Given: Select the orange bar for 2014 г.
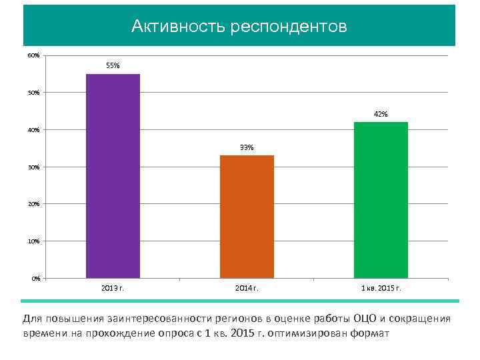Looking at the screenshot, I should point(247,216).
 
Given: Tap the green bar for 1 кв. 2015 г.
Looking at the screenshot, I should point(381,199).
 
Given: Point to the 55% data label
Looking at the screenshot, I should point(113,66).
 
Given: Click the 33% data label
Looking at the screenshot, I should point(247,147).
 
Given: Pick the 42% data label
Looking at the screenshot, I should point(381,114).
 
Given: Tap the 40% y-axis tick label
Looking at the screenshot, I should point(33,129).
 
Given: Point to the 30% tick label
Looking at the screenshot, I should point(33,167).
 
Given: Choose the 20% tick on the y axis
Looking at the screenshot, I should point(33,203).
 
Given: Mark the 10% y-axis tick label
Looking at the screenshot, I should point(33,241).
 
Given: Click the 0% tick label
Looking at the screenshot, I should point(35,278).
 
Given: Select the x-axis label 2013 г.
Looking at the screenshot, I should point(113,288).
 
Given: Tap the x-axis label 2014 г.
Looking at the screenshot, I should point(247,288).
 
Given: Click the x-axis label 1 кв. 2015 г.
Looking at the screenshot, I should point(381,288).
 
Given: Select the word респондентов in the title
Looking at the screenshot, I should point(289,27).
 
